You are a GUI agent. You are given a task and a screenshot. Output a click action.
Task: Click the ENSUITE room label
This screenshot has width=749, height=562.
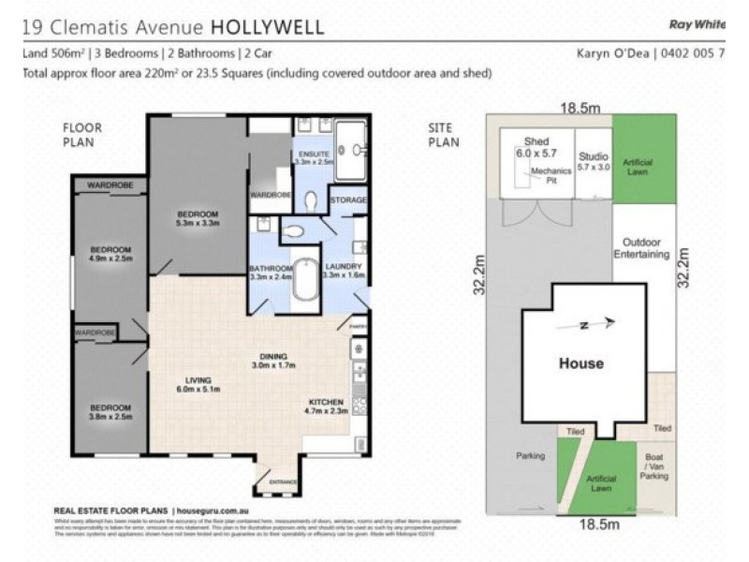[308, 153]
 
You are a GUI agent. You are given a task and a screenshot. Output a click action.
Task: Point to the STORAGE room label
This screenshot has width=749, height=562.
[347, 200]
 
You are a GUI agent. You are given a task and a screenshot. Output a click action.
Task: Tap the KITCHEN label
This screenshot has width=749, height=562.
[326, 403]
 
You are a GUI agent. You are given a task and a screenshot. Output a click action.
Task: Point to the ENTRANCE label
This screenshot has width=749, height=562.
[282, 483]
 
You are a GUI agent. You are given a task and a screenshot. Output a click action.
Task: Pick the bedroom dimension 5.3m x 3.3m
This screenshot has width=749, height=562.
[197, 223]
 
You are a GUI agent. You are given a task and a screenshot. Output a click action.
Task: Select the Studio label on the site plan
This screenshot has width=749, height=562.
[594, 155]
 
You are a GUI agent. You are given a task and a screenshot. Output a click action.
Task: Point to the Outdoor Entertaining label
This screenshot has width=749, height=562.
[641, 247]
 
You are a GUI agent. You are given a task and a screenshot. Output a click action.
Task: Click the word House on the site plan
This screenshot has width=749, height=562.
[580, 363]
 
